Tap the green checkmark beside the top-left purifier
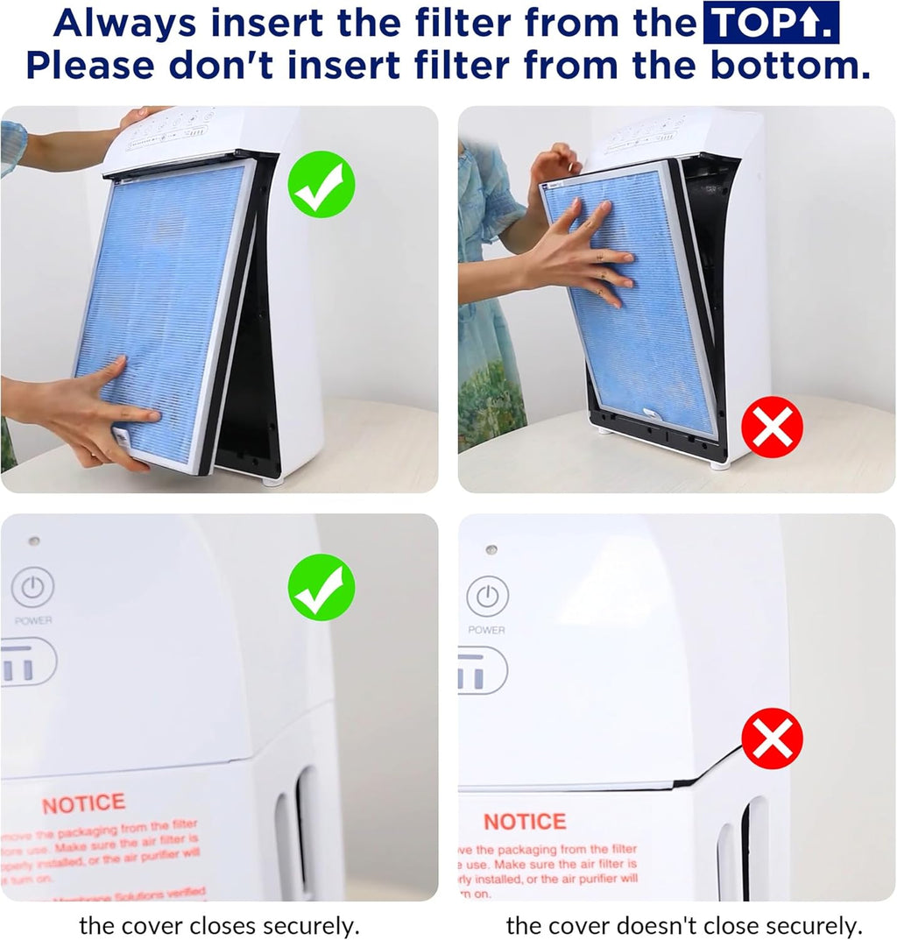coord(322,184)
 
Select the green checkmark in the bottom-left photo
coord(321,587)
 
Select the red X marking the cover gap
coord(772,739)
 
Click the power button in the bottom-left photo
coord(32,588)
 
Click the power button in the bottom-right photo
coord(487,597)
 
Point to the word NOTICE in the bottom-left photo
coord(83,804)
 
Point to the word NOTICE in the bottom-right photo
coord(525,822)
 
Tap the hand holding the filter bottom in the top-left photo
coord(96,412)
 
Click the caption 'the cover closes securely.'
coord(219,925)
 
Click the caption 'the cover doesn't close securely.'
coord(684,925)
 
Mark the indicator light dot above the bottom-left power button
coord(33,541)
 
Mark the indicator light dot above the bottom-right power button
coord(491,549)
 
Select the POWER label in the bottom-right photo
coord(486,630)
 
